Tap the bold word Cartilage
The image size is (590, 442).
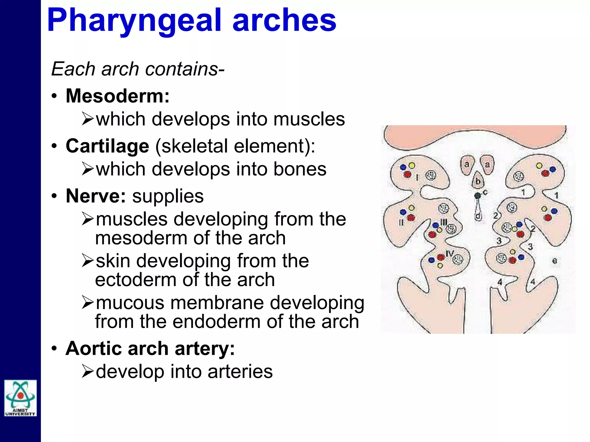pos(107,146)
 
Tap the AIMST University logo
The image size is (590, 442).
pos(20,398)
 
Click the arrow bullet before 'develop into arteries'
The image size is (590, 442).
pos(88,371)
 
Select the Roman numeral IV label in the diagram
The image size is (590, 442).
pos(449,254)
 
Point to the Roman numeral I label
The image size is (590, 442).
pos(417,178)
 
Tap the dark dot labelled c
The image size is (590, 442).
pos(477,196)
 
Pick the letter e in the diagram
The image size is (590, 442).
pos(555,261)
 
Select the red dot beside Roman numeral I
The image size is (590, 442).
pos(407,174)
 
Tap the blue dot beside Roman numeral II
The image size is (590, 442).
pos(403,212)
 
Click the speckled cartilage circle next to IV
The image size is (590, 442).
pos(458,260)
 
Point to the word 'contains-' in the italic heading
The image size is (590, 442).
pos(185,69)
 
